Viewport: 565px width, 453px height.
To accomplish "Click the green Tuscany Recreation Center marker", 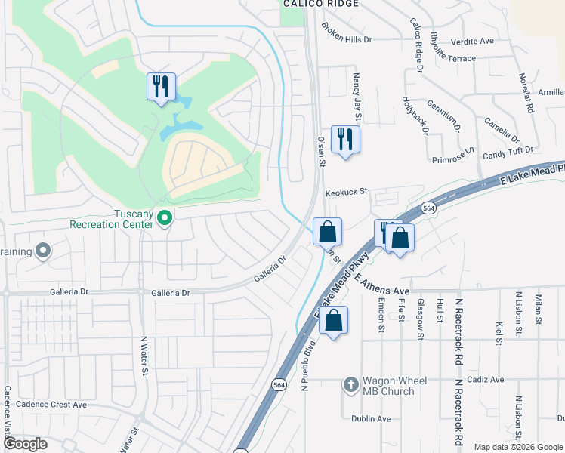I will click(x=165, y=219).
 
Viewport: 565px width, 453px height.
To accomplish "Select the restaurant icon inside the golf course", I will click(x=161, y=86).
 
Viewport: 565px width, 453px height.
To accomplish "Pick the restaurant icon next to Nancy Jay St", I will click(x=345, y=139).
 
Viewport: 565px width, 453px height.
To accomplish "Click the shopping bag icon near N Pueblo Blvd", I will click(x=333, y=320).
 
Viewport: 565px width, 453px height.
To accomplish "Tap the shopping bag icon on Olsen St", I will click(x=327, y=232).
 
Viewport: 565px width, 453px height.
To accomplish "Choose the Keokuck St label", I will click(x=346, y=193).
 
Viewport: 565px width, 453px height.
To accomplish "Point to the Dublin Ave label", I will click(x=371, y=418).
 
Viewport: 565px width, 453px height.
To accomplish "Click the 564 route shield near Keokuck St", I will click(x=428, y=208).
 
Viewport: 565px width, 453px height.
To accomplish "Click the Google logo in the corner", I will click(x=25, y=444).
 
